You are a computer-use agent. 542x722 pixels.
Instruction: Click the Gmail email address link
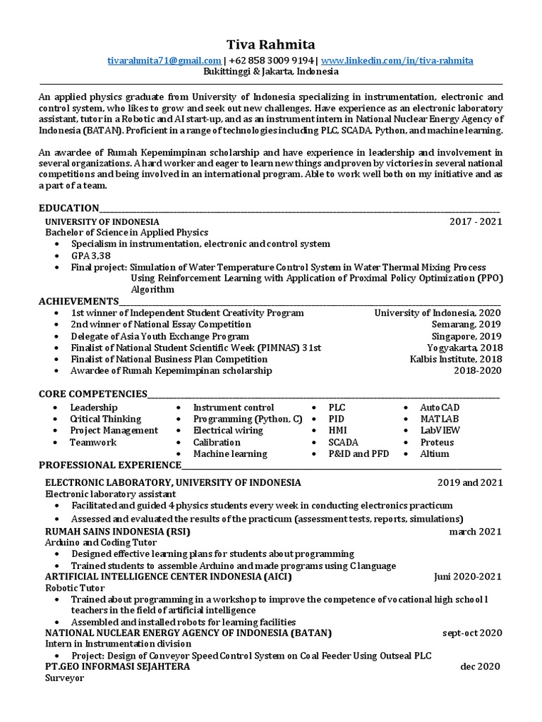[165, 61]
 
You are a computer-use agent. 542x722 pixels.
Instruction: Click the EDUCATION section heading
[68, 208]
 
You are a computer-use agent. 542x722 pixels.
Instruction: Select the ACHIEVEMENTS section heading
[78, 301]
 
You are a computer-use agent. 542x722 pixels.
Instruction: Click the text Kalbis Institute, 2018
[456, 359]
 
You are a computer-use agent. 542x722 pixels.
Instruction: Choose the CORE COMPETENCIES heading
[93, 393]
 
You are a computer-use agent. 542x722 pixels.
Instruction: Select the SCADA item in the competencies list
[343, 442]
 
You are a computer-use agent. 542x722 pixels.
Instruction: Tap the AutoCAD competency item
[440, 408]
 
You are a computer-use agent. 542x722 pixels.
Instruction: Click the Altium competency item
[434, 453]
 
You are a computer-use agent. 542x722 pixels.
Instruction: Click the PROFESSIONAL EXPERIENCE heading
[110, 465]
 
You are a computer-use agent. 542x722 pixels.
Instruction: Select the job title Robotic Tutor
[75, 587]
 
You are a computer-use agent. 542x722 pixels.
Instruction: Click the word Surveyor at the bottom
[64, 678]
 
